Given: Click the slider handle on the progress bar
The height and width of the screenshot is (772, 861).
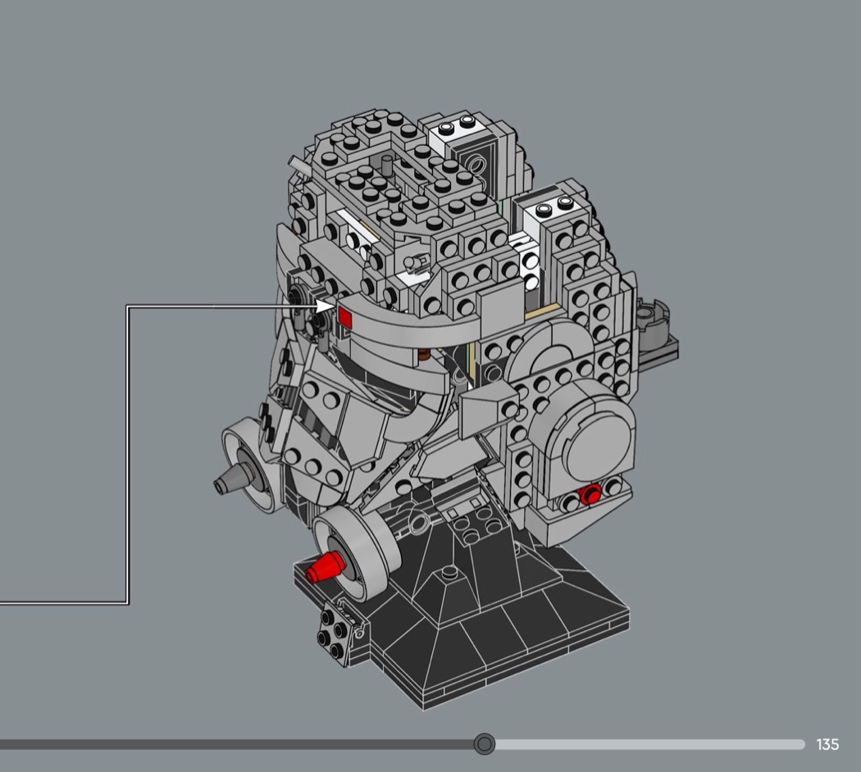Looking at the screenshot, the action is tap(485, 744).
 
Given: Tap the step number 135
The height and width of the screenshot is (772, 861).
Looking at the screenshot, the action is tap(827, 745).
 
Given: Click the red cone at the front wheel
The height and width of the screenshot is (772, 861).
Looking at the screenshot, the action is tap(323, 567).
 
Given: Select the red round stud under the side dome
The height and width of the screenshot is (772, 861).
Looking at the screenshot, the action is tap(591, 495).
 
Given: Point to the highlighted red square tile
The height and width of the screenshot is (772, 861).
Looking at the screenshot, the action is tap(345, 316).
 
